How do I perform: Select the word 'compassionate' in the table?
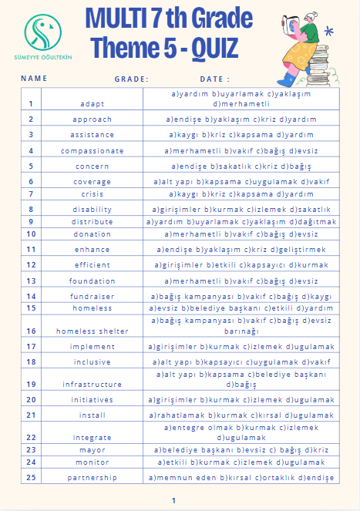[93, 151]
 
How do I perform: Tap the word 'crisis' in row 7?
[93, 194]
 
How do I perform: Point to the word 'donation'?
[93, 234]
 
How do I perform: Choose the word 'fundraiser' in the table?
[93, 296]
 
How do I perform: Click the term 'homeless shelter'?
[93, 331]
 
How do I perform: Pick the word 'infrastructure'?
[93, 384]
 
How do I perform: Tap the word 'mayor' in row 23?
[93, 449]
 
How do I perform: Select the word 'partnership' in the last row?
[93, 478]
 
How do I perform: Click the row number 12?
[32, 264]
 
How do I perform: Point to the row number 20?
[32, 399]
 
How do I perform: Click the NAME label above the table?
[34, 79]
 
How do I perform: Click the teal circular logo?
[45, 30]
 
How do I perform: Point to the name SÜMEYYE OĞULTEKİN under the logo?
[45, 59]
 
